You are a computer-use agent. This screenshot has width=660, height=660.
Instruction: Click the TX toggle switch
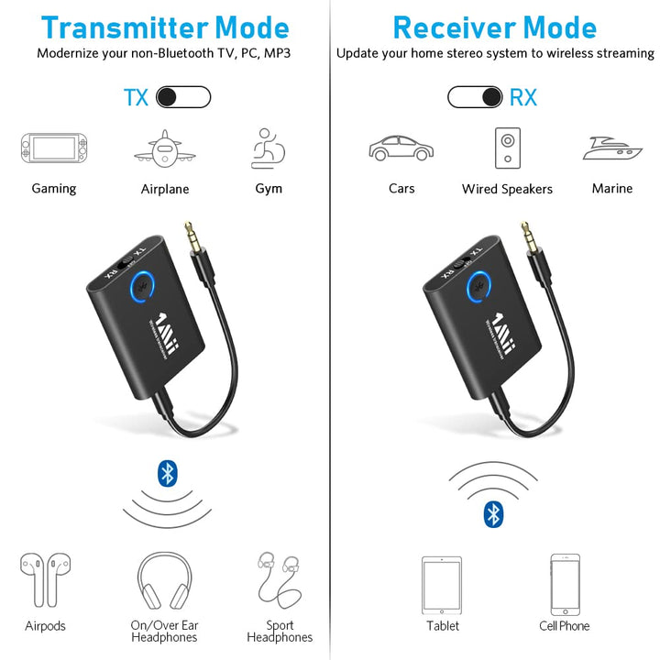(x=183, y=97)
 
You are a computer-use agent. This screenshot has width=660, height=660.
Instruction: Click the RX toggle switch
(x=475, y=97)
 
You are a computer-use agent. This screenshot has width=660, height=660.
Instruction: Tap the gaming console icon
(x=54, y=148)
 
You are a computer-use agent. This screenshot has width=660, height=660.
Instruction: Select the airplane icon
(x=165, y=148)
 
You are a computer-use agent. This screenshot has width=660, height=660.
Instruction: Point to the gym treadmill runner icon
(x=268, y=148)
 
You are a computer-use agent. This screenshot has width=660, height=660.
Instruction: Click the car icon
(x=401, y=148)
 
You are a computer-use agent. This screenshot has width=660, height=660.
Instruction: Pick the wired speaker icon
(x=508, y=148)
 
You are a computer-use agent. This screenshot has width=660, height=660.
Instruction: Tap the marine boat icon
(x=612, y=148)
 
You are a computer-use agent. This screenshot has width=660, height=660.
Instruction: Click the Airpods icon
(x=46, y=580)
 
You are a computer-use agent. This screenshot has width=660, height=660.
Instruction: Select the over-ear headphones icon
(x=164, y=581)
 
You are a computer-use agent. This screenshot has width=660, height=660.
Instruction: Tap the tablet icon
(x=442, y=585)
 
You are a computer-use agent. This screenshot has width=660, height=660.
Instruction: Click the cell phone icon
(x=565, y=585)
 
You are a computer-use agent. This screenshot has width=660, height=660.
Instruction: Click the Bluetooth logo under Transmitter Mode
(x=168, y=474)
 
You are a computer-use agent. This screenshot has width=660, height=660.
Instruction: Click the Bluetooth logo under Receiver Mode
(x=493, y=514)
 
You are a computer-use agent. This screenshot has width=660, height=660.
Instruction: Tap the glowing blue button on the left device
(x=142, y=287)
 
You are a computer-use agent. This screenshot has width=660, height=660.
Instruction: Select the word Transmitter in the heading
(x=125, y=27)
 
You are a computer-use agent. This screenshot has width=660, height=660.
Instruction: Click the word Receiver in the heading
(x=453, y=27)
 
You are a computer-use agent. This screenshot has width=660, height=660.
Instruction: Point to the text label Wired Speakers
(x=507, y=189)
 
